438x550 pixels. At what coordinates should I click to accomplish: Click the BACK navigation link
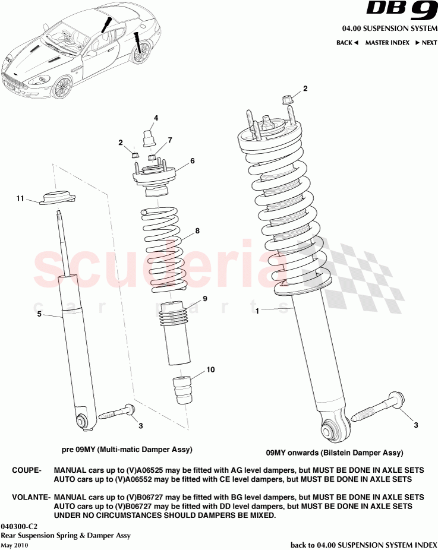347,43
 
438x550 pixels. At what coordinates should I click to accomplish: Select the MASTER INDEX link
387,43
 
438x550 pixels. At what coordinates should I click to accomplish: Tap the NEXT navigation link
426,43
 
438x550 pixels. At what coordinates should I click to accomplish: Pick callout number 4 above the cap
156,118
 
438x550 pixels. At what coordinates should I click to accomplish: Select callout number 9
204,298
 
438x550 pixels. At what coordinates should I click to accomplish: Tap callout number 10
211,369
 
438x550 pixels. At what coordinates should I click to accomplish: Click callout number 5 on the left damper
39,314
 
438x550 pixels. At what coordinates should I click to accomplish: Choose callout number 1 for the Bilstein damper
257,310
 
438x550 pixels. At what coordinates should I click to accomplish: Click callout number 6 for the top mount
192,160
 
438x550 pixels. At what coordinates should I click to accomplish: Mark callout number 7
169,140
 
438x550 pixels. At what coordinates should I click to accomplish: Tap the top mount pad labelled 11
59,198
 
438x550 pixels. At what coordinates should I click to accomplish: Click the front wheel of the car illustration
61,88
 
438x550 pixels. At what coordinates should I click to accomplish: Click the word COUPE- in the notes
26,470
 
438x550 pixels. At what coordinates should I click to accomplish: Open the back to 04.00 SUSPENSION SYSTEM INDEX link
363,544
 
